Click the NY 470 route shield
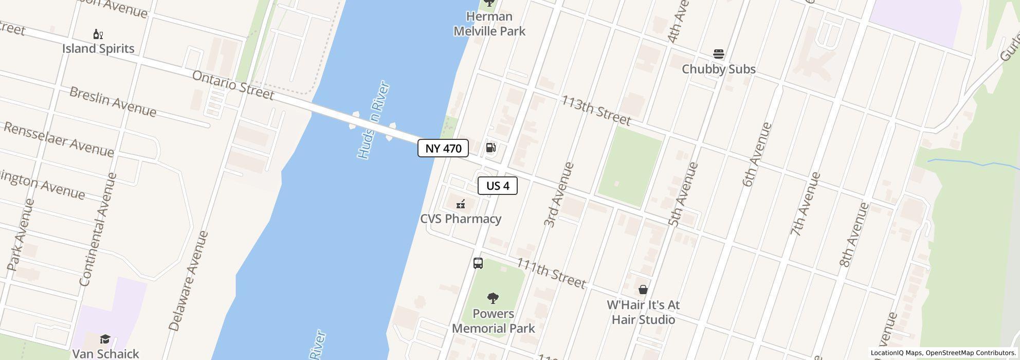click(443, 149)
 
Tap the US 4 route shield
click(497, 186)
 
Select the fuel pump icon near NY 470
click(491, 148)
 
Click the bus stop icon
click(478, 263)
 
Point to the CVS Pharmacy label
click(461, 219)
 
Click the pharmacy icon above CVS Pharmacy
click(461, 204)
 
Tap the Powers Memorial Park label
click(494, 321)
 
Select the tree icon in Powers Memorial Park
click(493, 298)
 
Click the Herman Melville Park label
click(489, 24)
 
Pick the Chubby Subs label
click(718, 69)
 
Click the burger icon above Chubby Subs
click(719, 54)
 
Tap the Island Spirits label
click(98, 48)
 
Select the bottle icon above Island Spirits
click(98, 34)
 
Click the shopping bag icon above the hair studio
click(643, 290)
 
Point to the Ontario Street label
click(233, 85)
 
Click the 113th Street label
click(595, 110)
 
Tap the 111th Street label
click(551, 273)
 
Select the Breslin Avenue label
click(113, 101)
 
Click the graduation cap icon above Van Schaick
click(105, 339)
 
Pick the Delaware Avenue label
click(188, 281)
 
